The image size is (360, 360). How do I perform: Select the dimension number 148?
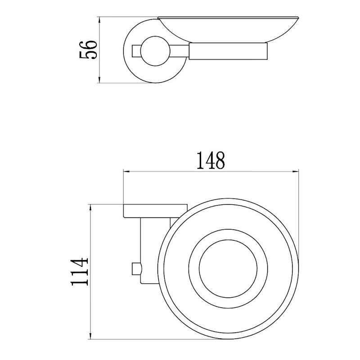(211, 160)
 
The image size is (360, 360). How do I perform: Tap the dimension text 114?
(79, 272)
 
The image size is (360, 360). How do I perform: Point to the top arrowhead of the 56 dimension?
(99, 21)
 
